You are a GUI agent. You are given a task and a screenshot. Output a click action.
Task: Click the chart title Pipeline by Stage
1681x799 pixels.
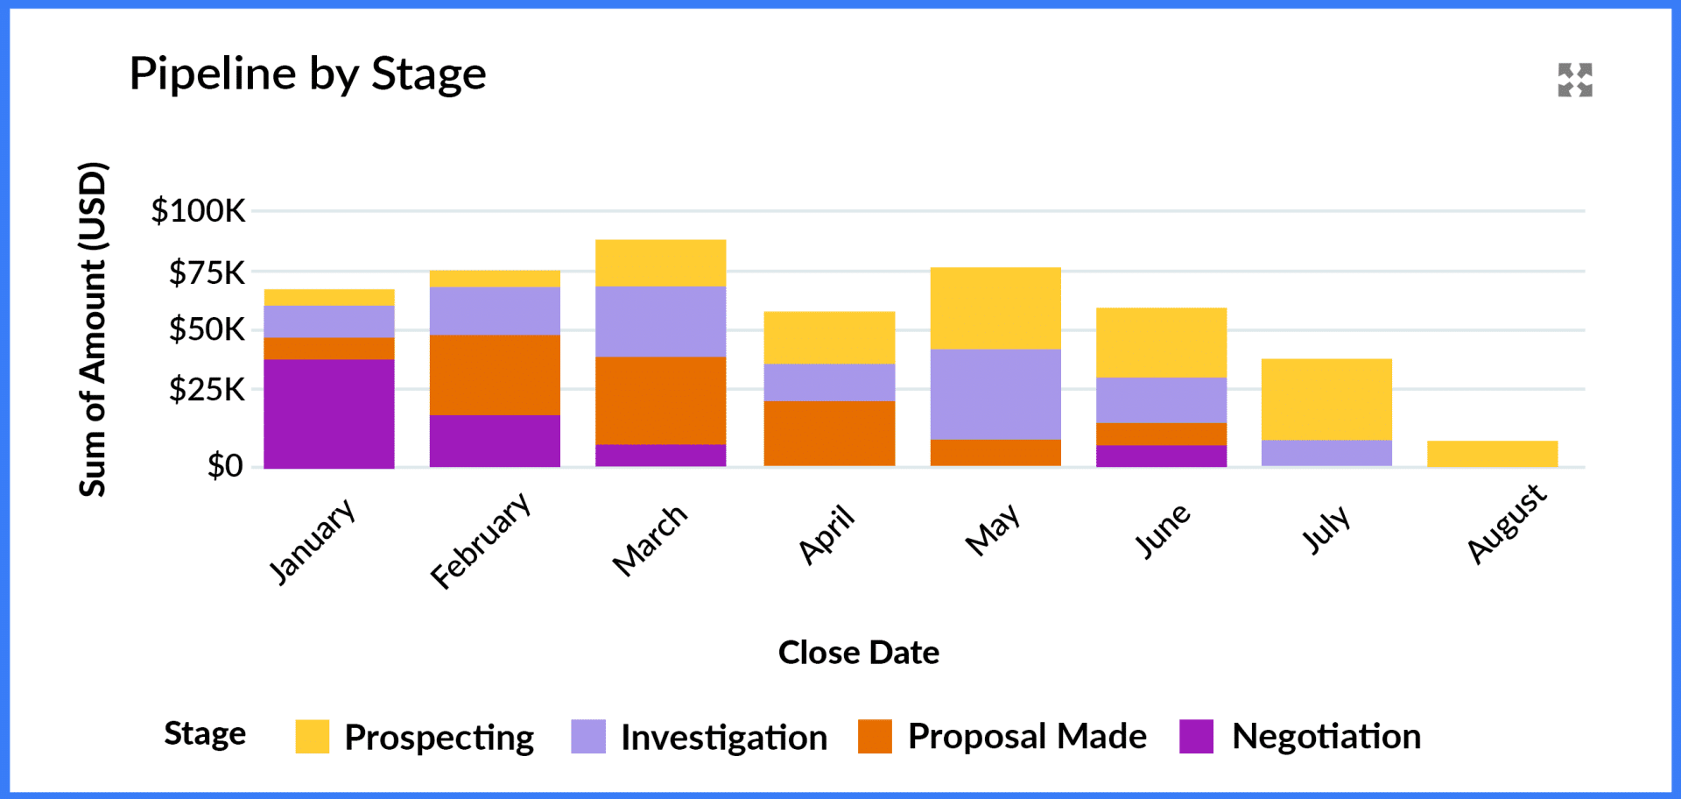[x=307, y=74]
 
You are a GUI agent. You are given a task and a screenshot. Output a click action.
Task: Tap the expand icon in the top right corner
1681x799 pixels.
[x=1574, y=80]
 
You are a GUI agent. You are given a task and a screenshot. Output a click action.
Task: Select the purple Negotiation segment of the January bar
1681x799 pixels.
[x=329, y=413]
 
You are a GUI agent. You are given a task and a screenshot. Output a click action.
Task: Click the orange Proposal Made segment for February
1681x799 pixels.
[x=495, y=374]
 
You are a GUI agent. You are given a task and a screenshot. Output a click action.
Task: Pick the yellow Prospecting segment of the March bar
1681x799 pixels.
[x=660, y=262]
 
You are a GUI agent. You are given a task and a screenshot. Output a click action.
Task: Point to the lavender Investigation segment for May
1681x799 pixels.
[x=995, y=393]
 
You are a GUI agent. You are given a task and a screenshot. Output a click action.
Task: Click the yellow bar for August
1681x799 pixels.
[x=1492, y=453]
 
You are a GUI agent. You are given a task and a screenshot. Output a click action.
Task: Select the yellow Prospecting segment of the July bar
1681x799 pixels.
[x=1326, y=399]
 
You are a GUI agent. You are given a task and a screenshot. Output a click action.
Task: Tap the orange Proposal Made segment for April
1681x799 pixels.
[x=829, y=433]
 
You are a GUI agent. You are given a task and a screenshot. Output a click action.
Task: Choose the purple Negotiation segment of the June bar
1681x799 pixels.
[x=1161, y=456]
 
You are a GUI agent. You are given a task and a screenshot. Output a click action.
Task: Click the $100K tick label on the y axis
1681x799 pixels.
[x=198, y=211]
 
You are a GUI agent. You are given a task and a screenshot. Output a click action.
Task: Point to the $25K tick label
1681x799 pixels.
[x=207, y=389]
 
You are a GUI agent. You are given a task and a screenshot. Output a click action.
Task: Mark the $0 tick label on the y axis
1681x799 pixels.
[x=225, y=465]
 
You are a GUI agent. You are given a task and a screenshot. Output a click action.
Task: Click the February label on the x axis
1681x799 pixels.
[x=482, y=540]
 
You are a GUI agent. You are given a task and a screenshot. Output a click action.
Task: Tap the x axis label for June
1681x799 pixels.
[x=1163, y=530]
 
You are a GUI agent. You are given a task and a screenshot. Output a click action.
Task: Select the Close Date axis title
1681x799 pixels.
[x=858, y=653]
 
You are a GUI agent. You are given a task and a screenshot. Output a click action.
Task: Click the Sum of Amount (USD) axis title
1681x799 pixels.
[x=93, y=329]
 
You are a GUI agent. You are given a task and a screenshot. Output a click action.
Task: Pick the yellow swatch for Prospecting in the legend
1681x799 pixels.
[x=313, y=737]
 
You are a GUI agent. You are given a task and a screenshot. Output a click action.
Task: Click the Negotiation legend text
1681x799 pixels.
[x=1326, y=737]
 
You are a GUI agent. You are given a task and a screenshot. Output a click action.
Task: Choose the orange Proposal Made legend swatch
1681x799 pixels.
[x=875, y=737]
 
